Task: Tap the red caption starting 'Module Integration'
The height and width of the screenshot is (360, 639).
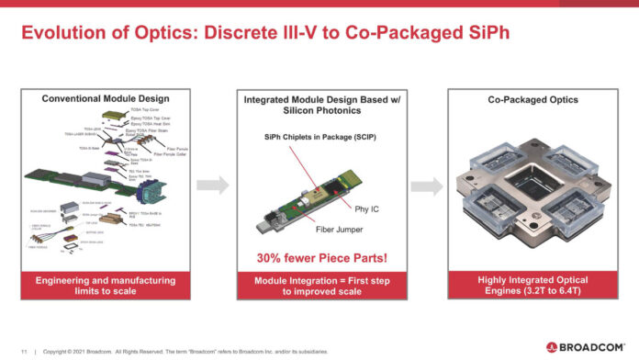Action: point(319,286)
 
